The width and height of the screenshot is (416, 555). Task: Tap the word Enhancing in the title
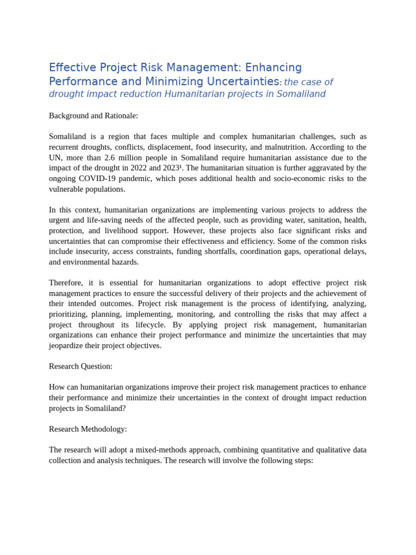click(274, 68)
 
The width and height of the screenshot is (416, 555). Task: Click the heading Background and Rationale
click(93, 115)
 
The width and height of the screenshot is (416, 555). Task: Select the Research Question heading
click(81, 366)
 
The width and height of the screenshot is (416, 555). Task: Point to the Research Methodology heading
click(88, 429)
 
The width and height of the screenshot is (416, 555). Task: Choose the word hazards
click(125, 262)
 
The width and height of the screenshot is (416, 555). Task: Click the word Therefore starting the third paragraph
click(66, 283)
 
